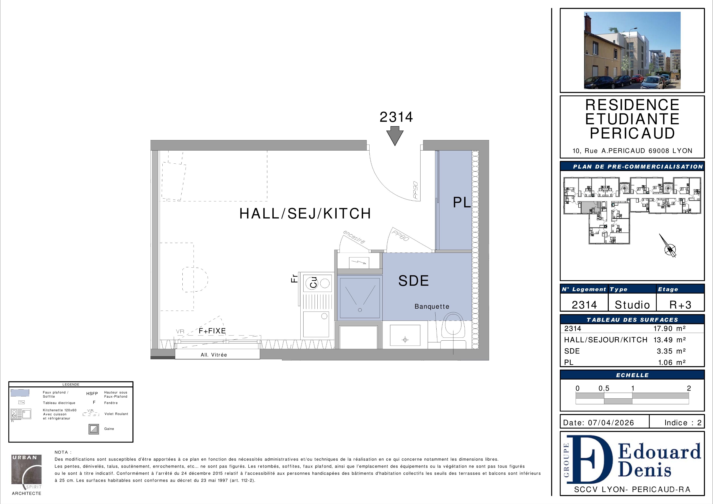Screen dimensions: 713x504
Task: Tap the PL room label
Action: pos(462,202)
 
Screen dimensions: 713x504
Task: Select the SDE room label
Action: pos(413,281)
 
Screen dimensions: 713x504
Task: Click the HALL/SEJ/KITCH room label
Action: pos(305,213)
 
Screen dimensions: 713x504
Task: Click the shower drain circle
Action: pos(360,310)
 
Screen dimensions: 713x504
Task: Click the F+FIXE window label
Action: pos(212,331)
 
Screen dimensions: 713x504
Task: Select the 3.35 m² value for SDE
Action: pos(671,351)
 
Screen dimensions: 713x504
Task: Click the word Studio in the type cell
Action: pos(632,305)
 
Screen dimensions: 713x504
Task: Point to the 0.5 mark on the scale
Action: pos(604,388)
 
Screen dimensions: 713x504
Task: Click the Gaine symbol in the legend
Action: pos(94,429)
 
